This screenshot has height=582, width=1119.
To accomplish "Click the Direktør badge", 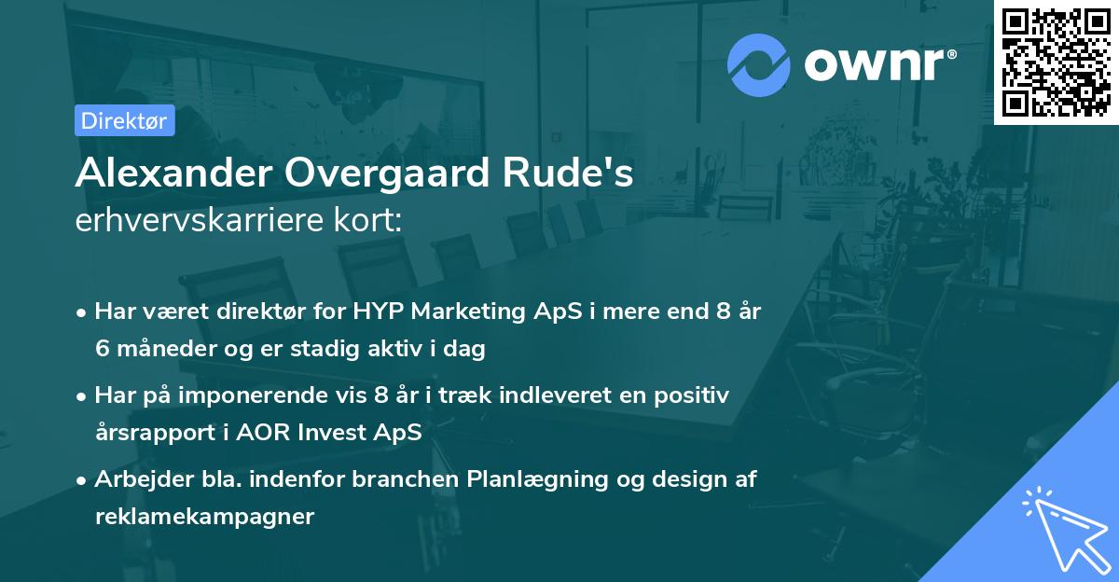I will (x=125, y=120).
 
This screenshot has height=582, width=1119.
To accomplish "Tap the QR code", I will (x=1056, y=62).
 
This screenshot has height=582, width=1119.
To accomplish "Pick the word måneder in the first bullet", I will (x=164, y=350).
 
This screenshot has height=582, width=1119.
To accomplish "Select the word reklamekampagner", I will (x=204, y=516).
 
